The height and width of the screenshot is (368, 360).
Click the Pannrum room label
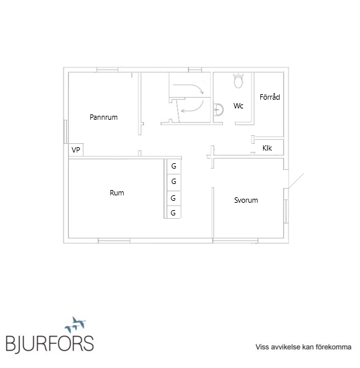tap(104, 117)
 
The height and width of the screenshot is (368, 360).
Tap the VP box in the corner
tap(76, 150)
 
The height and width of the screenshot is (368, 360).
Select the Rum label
tap(117, 193)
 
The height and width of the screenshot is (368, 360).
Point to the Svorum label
tap(246, 200)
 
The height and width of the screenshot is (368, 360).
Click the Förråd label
tap(270, 97)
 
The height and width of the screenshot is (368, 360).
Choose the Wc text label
tap(238, 106)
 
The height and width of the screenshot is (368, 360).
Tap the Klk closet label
tap(267, 148)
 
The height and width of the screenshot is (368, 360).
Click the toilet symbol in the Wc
tap(238, 81)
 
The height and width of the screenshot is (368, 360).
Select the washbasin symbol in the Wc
tap(218, 110)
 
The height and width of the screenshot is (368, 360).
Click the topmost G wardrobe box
tap(173, 167)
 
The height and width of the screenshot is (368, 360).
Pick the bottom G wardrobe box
tap(173, 213)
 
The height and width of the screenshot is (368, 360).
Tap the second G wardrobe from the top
tap(173, 181)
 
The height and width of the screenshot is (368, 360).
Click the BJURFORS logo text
tap(50, 344)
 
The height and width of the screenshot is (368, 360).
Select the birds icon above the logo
tap(76, 325)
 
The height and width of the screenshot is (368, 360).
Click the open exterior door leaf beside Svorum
tap(296, 181)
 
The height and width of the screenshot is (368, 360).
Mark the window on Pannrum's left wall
tap(66, 131)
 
